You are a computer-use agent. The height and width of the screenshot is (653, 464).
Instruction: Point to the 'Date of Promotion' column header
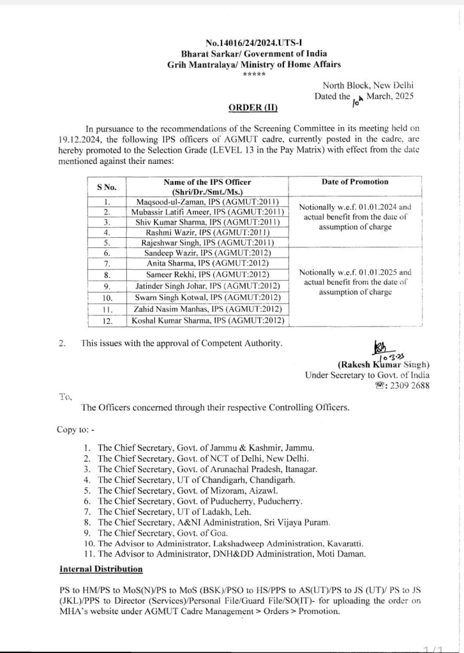(x=355, y=182)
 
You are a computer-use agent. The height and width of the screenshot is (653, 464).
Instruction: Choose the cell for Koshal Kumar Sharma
(x=207, y=321)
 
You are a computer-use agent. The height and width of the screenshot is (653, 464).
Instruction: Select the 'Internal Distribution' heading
(x=101, y=569)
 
